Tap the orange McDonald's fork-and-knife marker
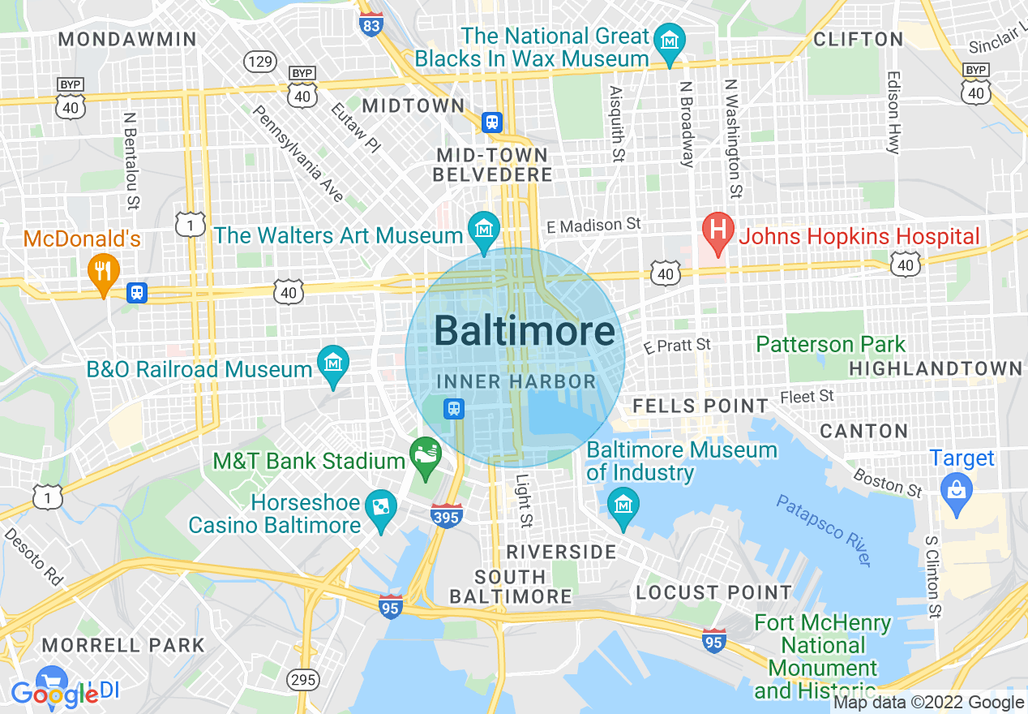coord(102,269)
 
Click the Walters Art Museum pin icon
coord(484,228)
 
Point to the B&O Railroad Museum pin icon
coord(332,362)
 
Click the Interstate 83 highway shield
coord(370,22)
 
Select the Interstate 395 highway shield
coord(447,515)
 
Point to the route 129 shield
coord(261,62)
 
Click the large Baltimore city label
coord(525,331)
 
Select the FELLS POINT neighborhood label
coord(700,406)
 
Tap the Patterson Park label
coord(830,344)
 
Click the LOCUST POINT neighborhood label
coord(713,592)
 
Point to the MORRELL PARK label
coord(123,645)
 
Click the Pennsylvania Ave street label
coord(299,153)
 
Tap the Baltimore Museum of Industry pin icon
coord(623,505)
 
